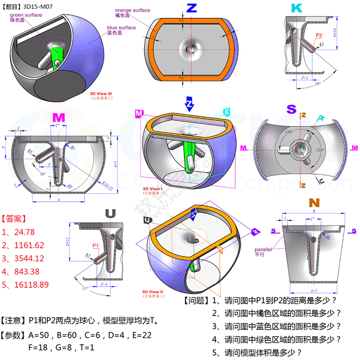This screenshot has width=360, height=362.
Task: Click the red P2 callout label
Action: tap(318, 36)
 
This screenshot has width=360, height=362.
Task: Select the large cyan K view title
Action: tap(297, 9)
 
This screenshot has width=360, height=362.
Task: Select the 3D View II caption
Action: tap(153, 291)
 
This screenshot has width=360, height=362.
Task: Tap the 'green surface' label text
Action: tap(26, 15)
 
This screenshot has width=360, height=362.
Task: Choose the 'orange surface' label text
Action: tap(131, 10)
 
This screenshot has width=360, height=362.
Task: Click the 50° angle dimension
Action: tap(318, 84)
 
